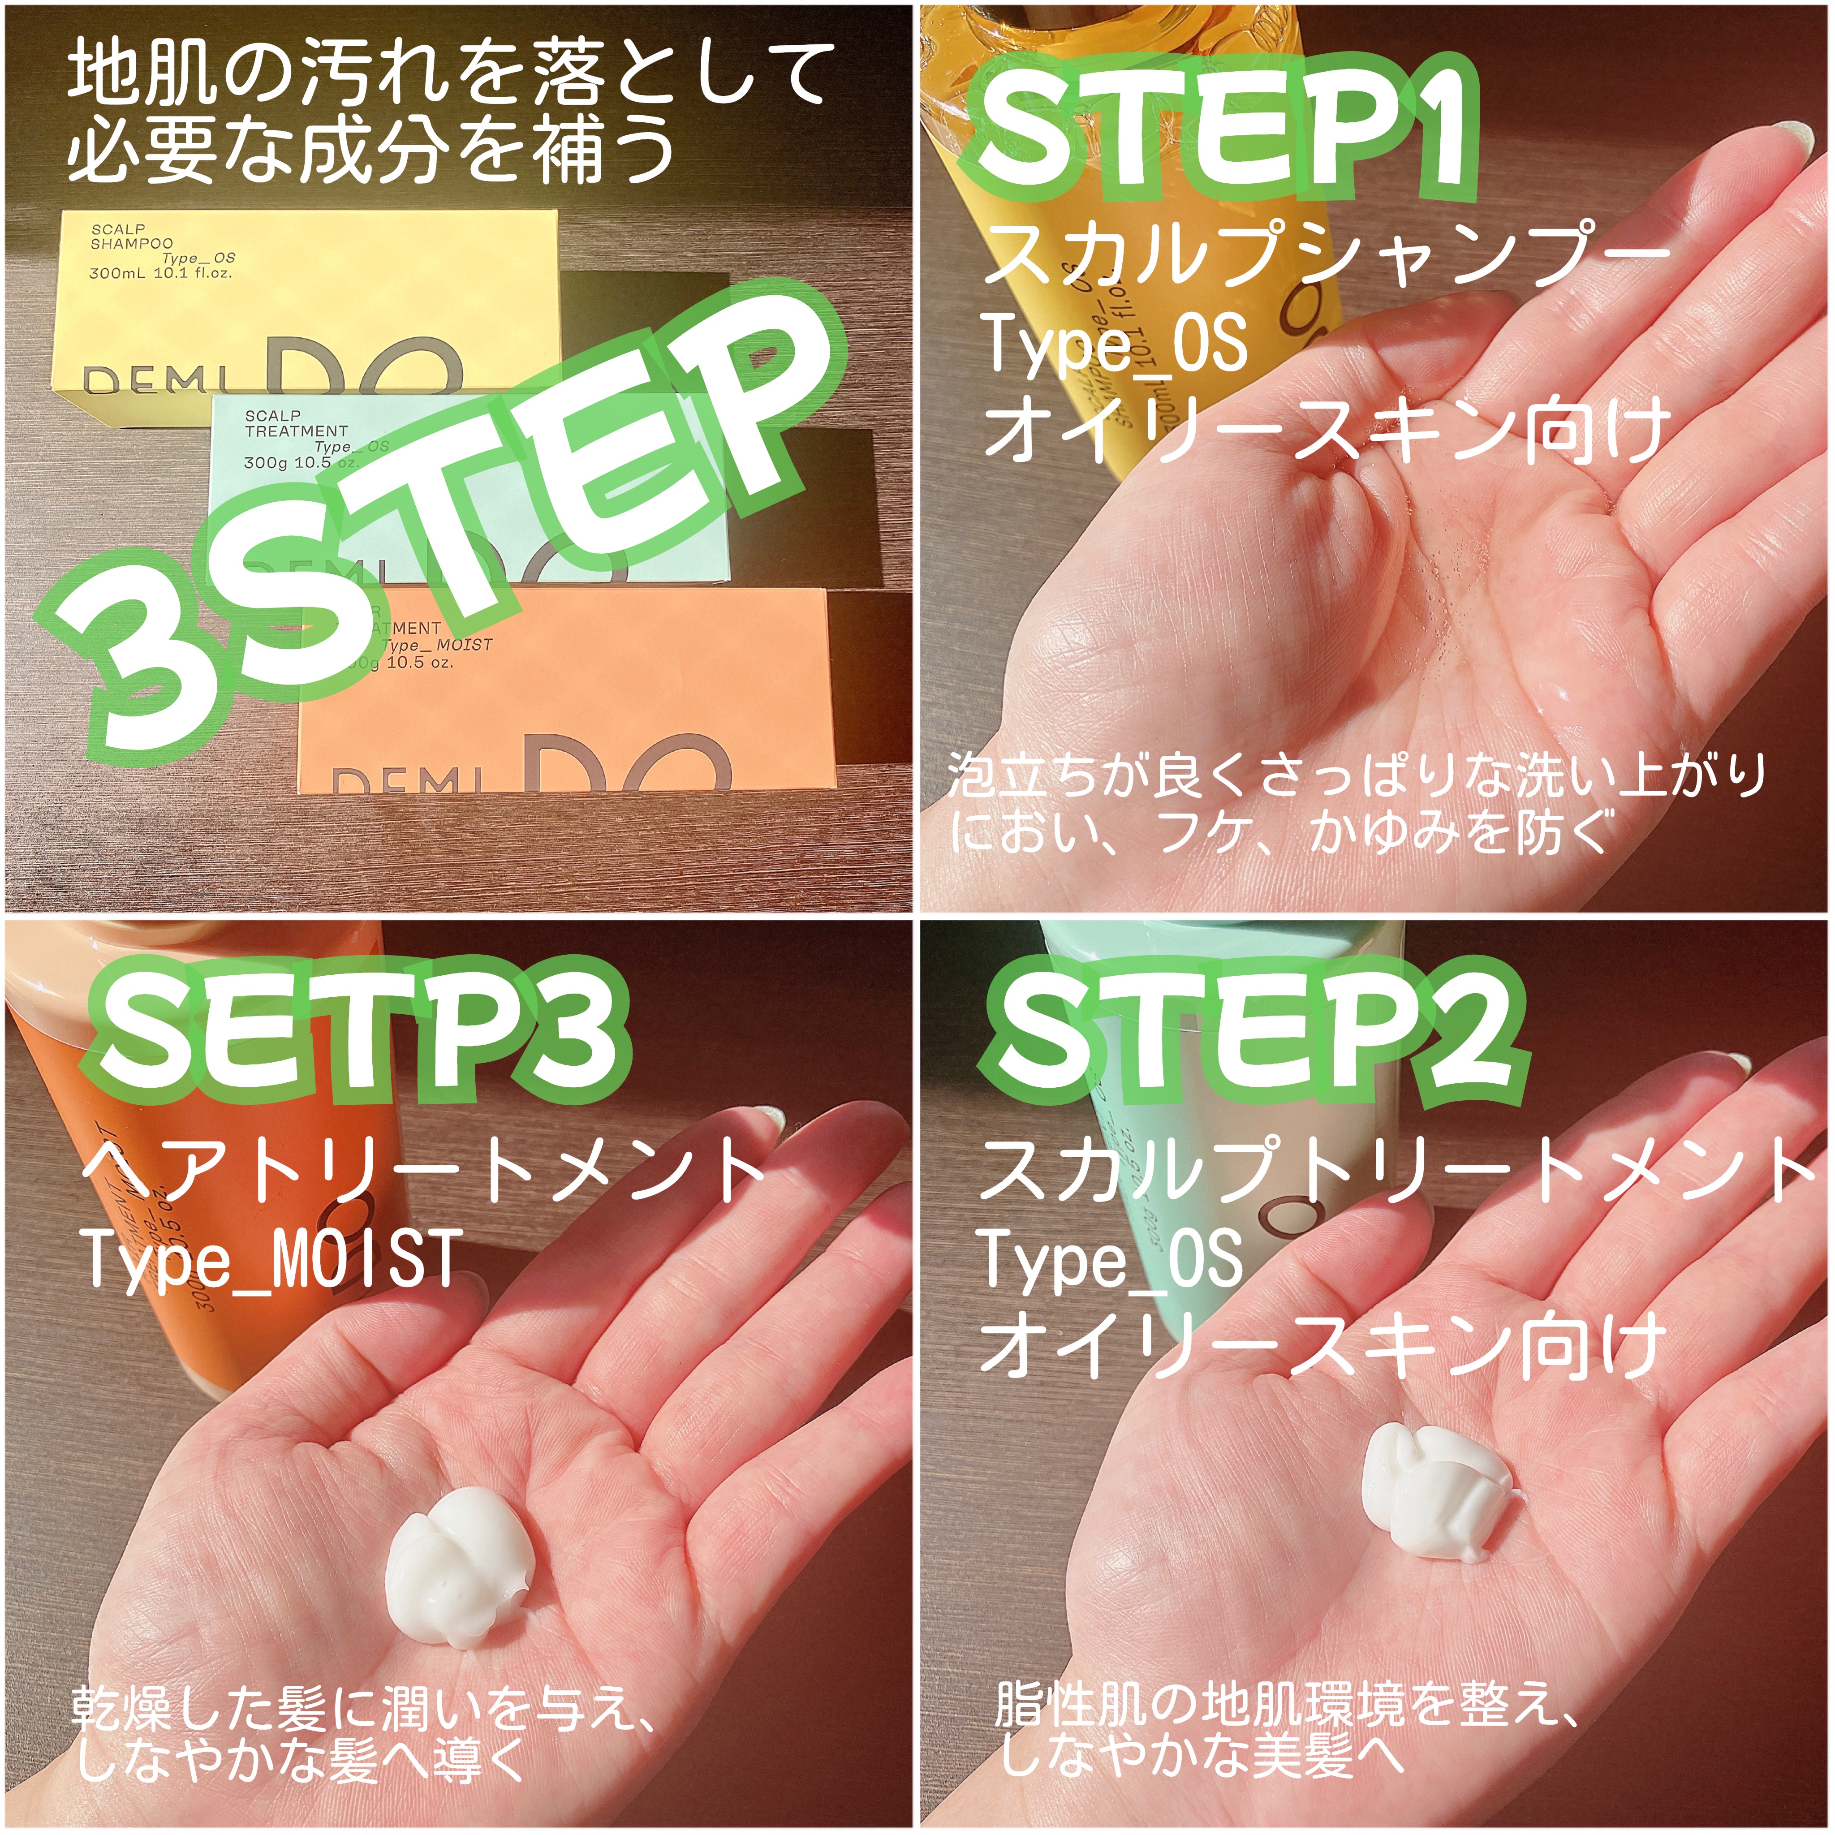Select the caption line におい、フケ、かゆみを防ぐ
(1282, 833)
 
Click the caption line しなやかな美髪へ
(1202, 1754)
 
